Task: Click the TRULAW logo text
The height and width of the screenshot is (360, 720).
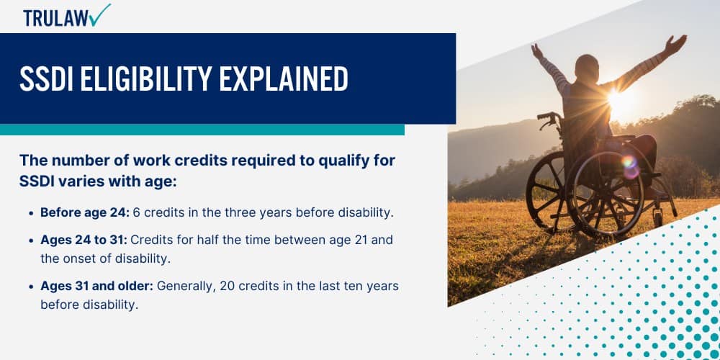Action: (x=56, y=19)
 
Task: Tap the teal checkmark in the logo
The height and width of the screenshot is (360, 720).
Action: (x=100, y=14)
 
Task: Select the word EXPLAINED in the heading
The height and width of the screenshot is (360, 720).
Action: (x=283, y=78)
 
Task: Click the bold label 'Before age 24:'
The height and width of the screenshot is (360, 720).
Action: (x=85, y=213)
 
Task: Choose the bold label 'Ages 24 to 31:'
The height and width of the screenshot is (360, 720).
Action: (x=83, y=240)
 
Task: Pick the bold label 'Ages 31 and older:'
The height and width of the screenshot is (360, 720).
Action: (x=97, y=286)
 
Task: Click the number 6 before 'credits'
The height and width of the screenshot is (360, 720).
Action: (x=136, y=213)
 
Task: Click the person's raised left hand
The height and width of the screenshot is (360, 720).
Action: (x=675, y=45)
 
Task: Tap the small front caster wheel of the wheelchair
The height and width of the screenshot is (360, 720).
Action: (x=658, y=217)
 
